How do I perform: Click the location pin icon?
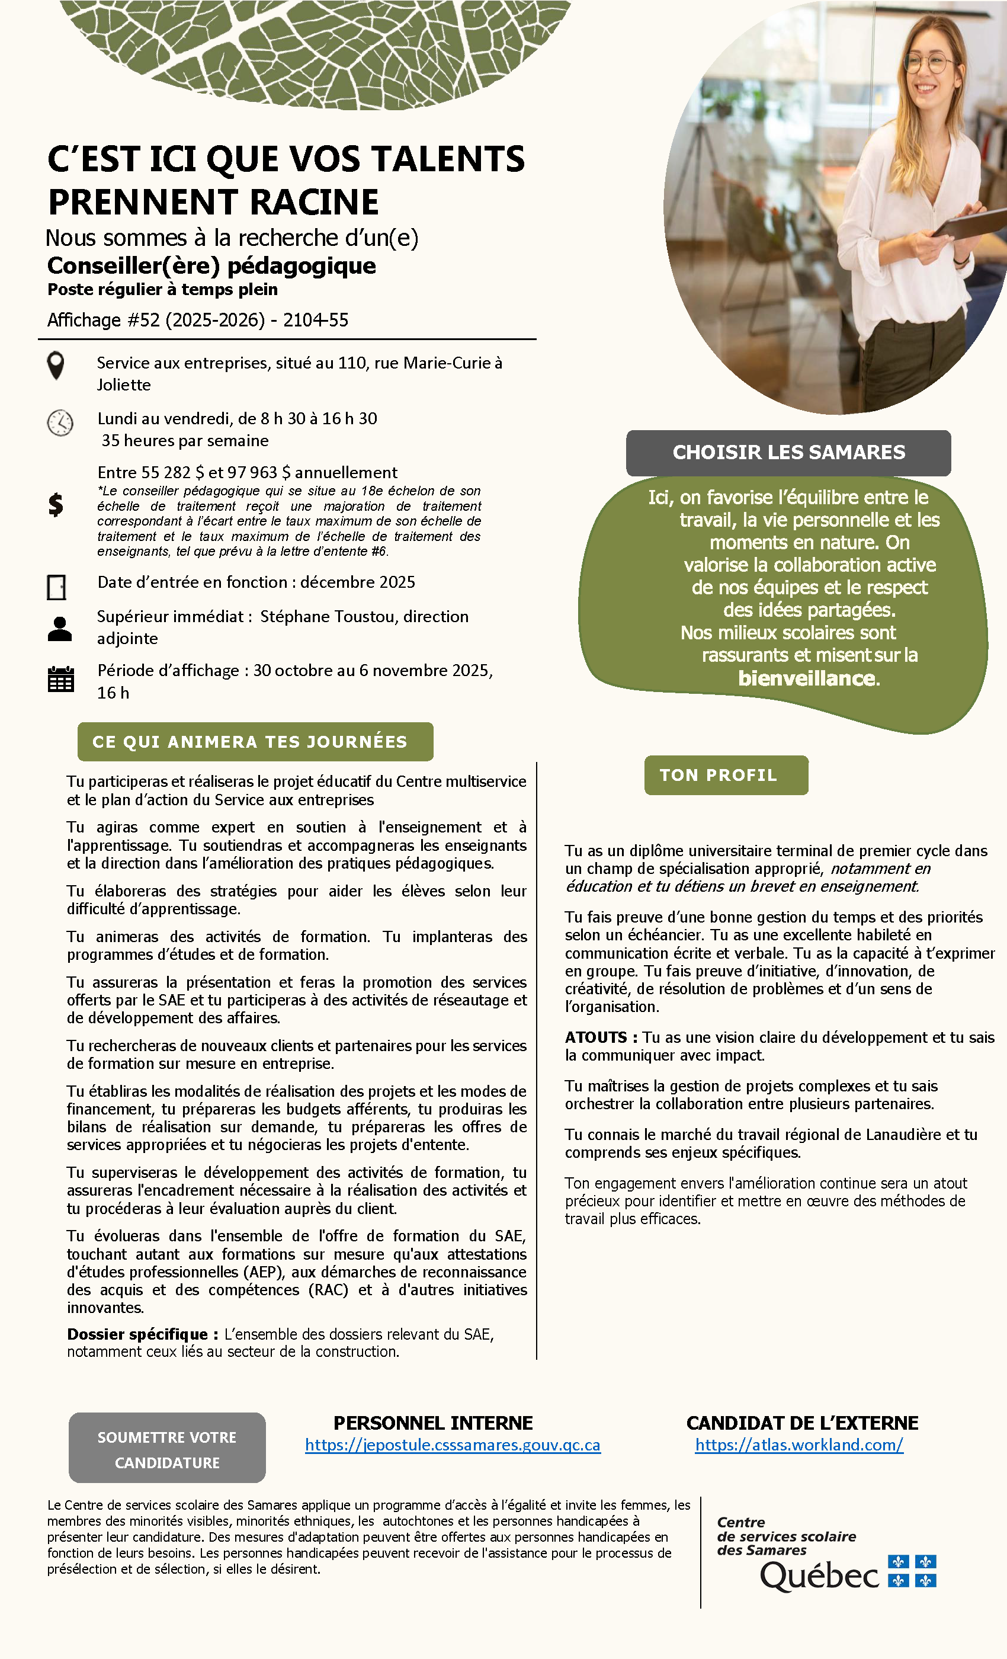(56, 366)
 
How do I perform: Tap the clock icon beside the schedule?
(60, 423)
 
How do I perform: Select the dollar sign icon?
(56, 504)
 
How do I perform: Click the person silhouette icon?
(60, 629)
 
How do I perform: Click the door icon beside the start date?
(56, 587)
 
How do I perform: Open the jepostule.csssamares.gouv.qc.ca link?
(453, 1445)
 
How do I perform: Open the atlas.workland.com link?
(799, 1445)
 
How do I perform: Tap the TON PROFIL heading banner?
(726, 775)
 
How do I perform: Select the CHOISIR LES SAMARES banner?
(788, 453)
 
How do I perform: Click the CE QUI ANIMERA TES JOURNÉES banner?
(255, 742)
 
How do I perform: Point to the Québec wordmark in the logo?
(820, 1576)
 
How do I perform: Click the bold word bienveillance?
(808, 678)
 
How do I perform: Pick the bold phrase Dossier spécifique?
(137, 1334)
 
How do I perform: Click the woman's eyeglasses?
(929, 64)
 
